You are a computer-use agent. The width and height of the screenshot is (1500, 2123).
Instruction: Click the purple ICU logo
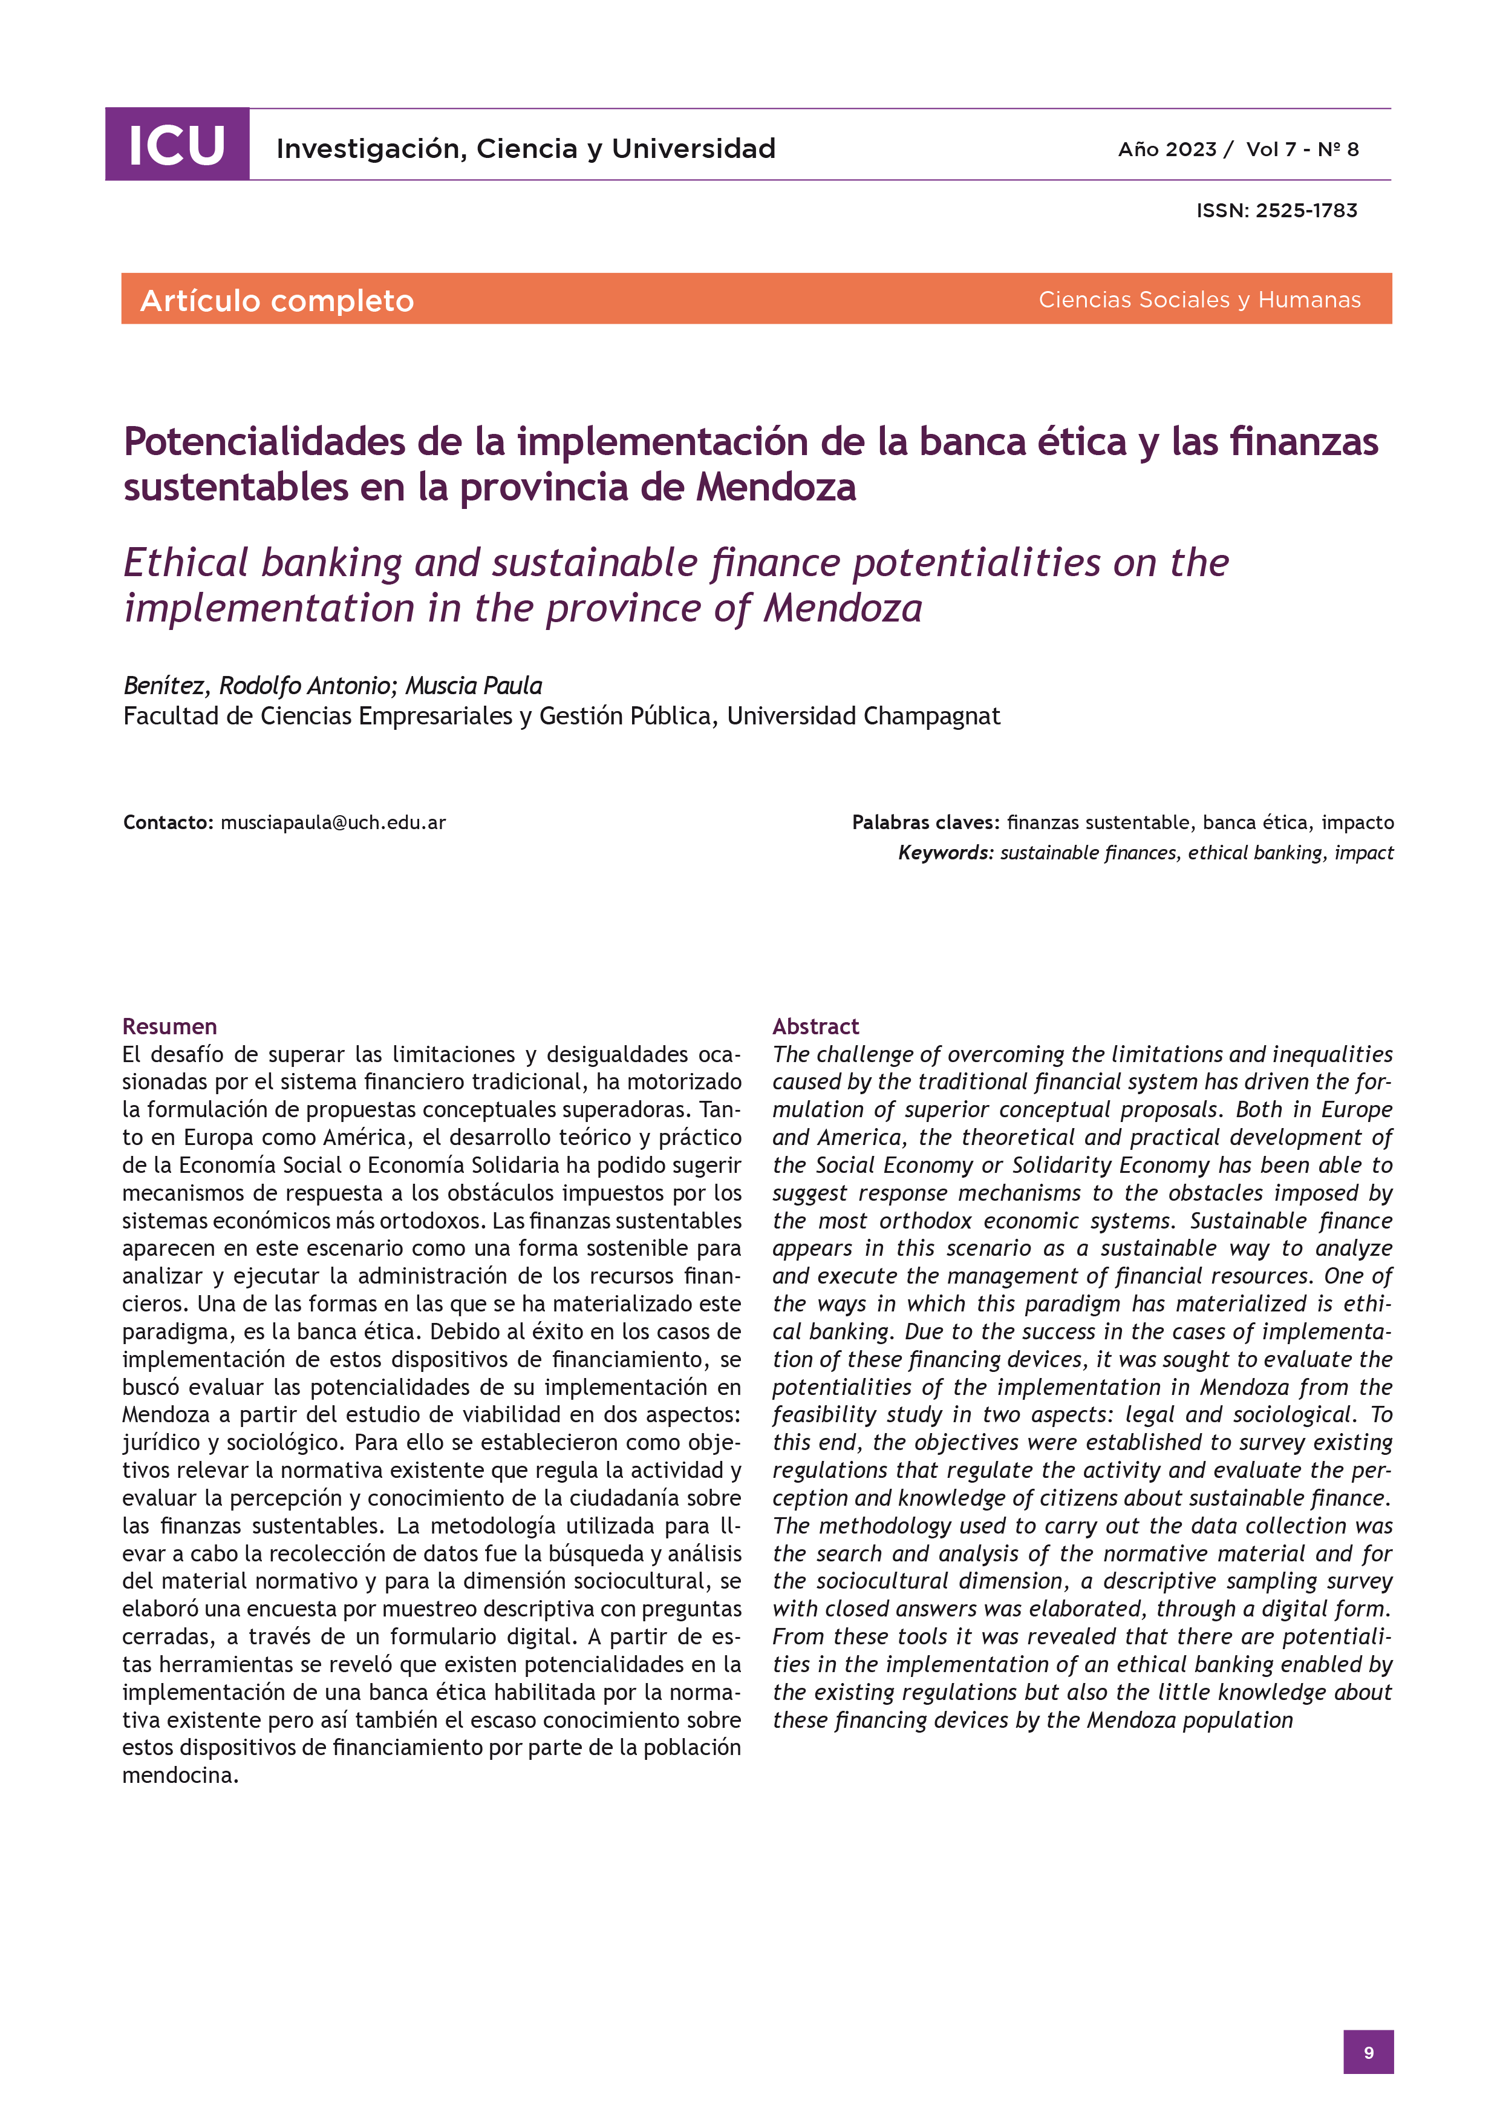pos(177,144)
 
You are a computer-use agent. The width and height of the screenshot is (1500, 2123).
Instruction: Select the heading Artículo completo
pos(276,301)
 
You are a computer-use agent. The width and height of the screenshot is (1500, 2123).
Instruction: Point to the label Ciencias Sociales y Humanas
pos(1199,300)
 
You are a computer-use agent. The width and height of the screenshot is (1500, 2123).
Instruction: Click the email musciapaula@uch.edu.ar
pos(333,822)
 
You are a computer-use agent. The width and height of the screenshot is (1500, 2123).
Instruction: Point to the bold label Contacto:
pos(168,822)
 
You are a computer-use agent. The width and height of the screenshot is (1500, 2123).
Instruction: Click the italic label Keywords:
pos(945,853)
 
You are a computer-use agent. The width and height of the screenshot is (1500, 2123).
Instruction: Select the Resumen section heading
pos(169,1026)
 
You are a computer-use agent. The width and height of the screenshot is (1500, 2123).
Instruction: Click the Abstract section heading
pos(815,1026)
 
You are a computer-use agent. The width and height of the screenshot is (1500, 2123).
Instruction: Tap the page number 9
pos(1368,2052)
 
